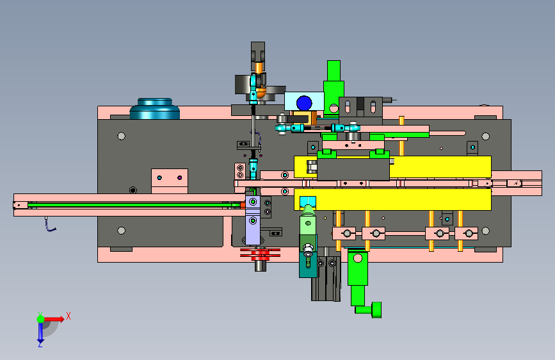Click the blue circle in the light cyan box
304,103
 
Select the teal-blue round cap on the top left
155,109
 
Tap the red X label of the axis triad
68,316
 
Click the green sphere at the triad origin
41,319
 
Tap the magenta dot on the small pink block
179,178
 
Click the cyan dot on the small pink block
159,178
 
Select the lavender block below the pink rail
253,220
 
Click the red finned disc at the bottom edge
260,254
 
